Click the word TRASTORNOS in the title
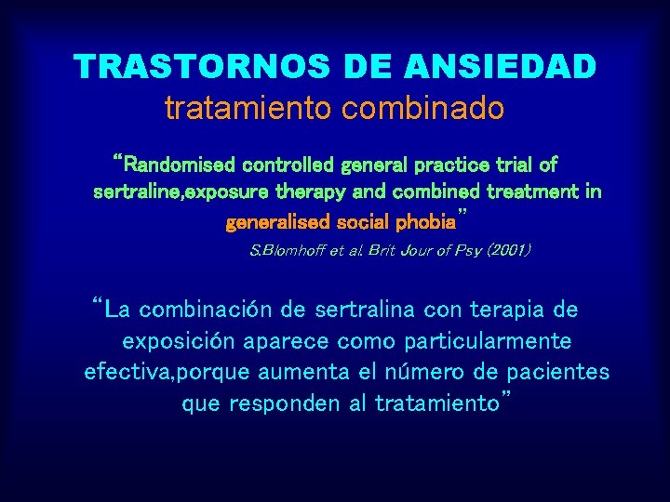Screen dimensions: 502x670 (x=192, y=67)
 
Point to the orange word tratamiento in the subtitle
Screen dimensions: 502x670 (x=249, y=108)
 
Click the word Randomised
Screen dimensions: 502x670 (x=181, y=165)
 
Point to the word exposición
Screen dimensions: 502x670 (x=185, y=340)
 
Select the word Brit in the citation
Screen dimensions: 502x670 (x=388, y=250)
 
